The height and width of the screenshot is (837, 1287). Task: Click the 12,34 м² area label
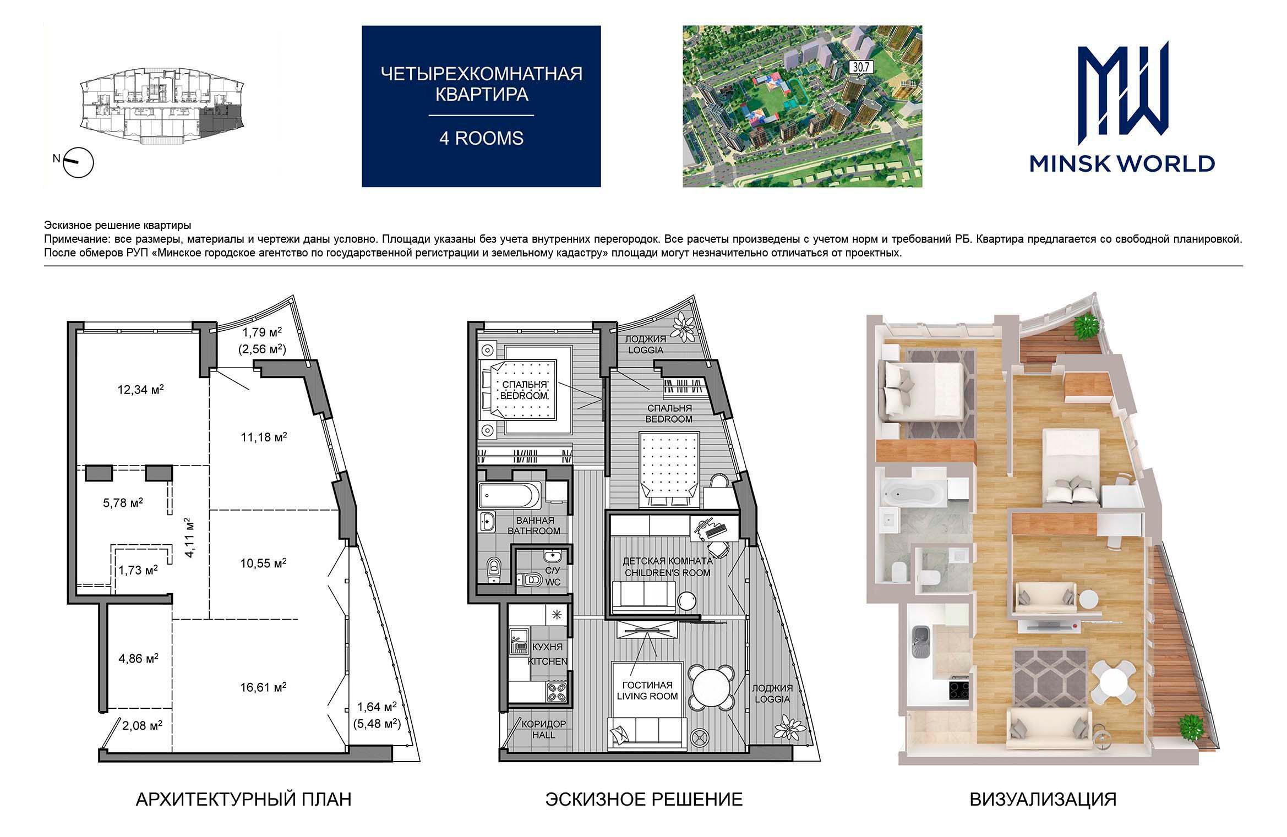[x=141, y=390]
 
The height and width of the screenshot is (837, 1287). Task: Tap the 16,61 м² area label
[x=263, y=687]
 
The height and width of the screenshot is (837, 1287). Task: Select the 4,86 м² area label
[x=139, y=658]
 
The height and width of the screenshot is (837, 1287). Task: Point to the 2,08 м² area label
[x=142, y=726]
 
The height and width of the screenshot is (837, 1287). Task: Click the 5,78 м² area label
[x=123, y=502]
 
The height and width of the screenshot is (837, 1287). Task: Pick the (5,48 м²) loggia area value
[x=377, y=724]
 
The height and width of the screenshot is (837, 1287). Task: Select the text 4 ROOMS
[x=481, y=138]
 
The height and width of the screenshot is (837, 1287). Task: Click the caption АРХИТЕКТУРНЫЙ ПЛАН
[x=243, y=799]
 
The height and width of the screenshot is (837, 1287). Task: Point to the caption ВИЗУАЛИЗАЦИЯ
[x=1043, y=799]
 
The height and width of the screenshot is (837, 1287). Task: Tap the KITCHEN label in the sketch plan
[x=548, y=661]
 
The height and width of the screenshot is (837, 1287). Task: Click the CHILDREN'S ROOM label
[x=667, y=572]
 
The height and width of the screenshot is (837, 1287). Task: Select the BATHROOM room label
[x=534, y=531]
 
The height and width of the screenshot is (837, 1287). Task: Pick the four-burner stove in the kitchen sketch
[x=557, y=692]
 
